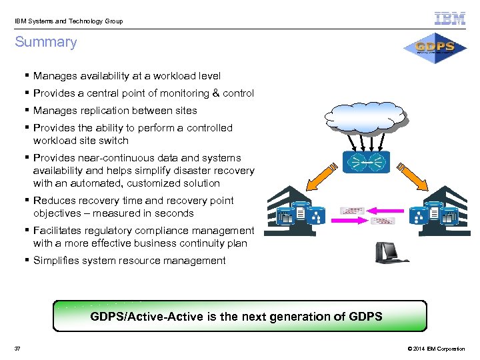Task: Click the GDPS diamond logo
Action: coord(435,47)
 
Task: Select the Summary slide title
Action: coord(46,42)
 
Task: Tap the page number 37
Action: coord(17,349)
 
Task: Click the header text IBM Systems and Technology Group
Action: coord(69,21)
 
